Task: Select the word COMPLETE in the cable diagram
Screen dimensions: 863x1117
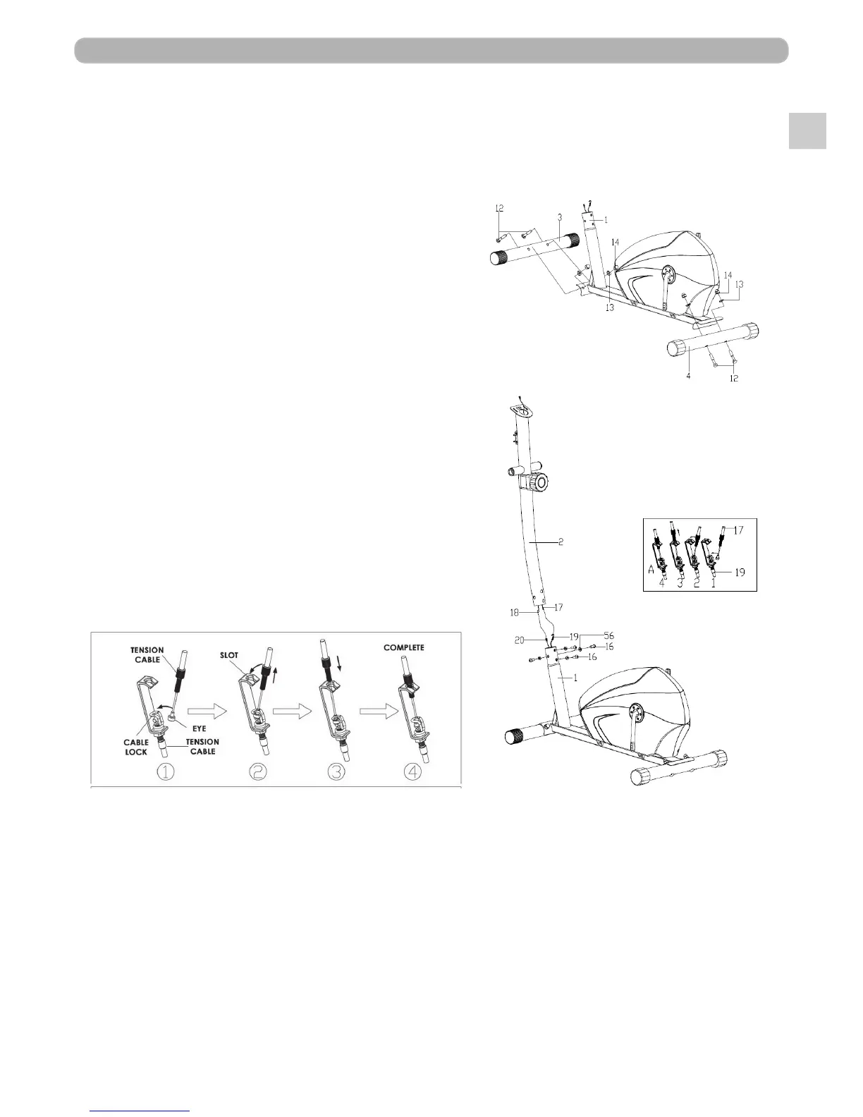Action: click(404, 647)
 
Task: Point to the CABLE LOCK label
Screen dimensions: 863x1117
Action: click(135, 747)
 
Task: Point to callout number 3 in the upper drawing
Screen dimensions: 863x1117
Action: click(558, 217)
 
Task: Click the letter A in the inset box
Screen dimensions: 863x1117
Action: click(652, 570)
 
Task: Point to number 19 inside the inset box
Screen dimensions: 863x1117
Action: click(740, 573)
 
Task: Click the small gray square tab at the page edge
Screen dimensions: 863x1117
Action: click(807, 130)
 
